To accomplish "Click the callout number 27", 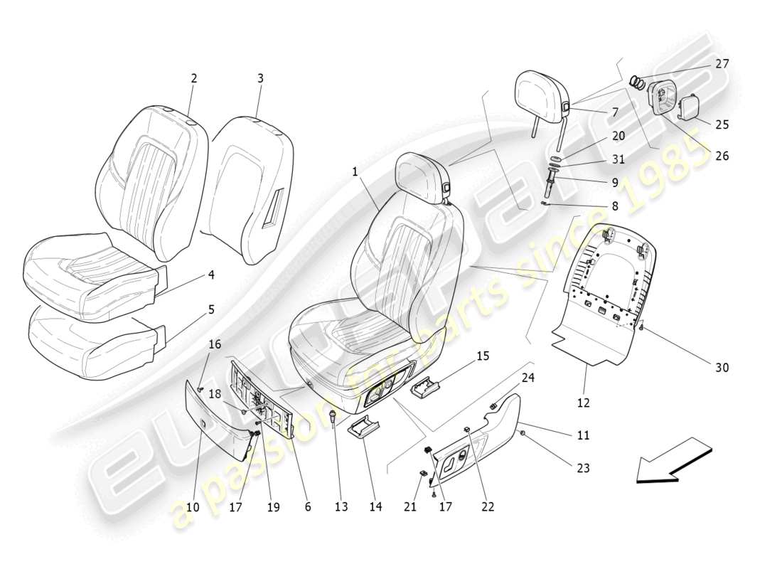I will click(722, 64).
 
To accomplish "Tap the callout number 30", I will click(722, 368).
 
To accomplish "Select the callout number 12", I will click(583, 403).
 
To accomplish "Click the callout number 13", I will click(341, 506).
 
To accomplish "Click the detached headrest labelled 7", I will click(545, 95).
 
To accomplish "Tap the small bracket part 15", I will click(426, 390).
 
